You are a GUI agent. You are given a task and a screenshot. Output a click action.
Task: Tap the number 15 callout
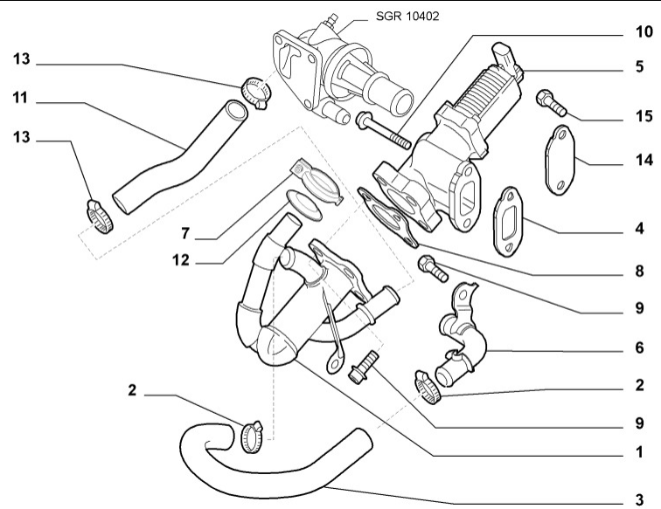(644, 116)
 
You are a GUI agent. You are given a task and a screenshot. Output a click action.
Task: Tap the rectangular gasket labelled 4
(509, 224)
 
